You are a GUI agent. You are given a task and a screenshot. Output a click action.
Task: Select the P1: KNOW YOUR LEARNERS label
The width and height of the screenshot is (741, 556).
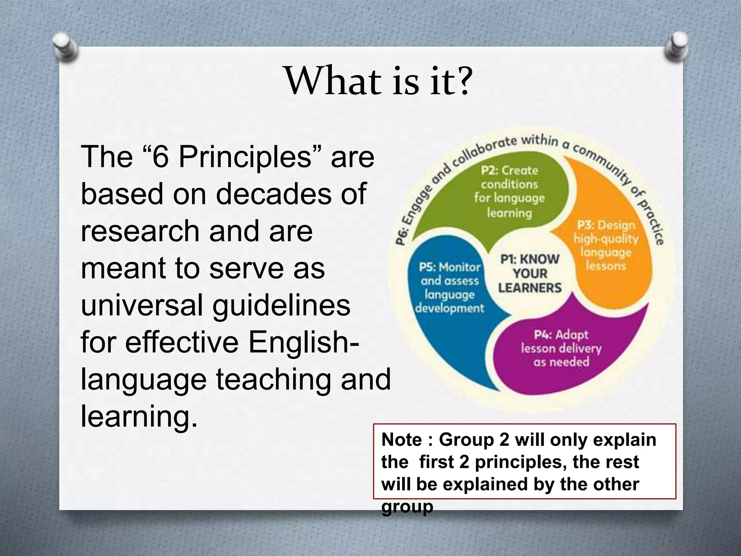tap(529, 274)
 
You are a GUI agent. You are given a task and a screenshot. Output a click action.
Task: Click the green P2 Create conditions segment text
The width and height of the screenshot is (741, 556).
tap(509, 191)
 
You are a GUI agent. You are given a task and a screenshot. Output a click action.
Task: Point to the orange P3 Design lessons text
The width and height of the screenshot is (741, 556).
tap(606, 245)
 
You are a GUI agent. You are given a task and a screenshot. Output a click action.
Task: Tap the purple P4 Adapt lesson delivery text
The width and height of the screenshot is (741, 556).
tap(561, 348)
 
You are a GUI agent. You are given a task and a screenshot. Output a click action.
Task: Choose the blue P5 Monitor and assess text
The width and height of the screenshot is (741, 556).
tap(450, 288)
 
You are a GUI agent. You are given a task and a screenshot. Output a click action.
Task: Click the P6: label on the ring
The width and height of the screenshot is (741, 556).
tap(402, 237)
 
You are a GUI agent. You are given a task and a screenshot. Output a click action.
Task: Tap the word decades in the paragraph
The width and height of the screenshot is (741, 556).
tap(274, 194)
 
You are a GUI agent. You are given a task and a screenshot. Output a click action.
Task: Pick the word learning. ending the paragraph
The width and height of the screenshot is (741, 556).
tap(139, 416)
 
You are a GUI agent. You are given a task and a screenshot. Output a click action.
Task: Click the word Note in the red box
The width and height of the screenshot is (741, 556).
tap(401, 440)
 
